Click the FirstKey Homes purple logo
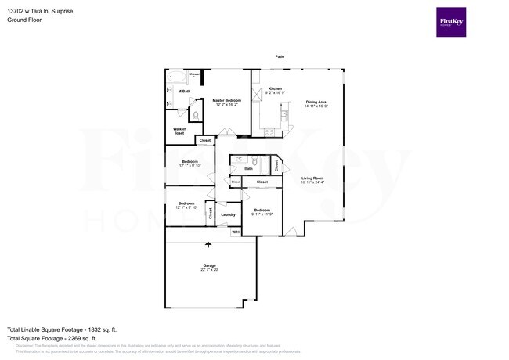pos(455,23)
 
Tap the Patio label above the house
pos(280,56)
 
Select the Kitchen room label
pos(275,89)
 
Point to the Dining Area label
pos(316,101)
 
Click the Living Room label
pos(313,178)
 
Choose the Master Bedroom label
pos(226,100)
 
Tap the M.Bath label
pos(185,92)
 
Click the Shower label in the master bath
pos(194,74)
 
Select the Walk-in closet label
pos(179,130)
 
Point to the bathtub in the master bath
pos(175,77)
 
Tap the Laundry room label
pos(228,214)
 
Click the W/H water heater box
pos(235,232)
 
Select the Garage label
pos(210,265)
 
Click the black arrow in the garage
pos(208,246)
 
